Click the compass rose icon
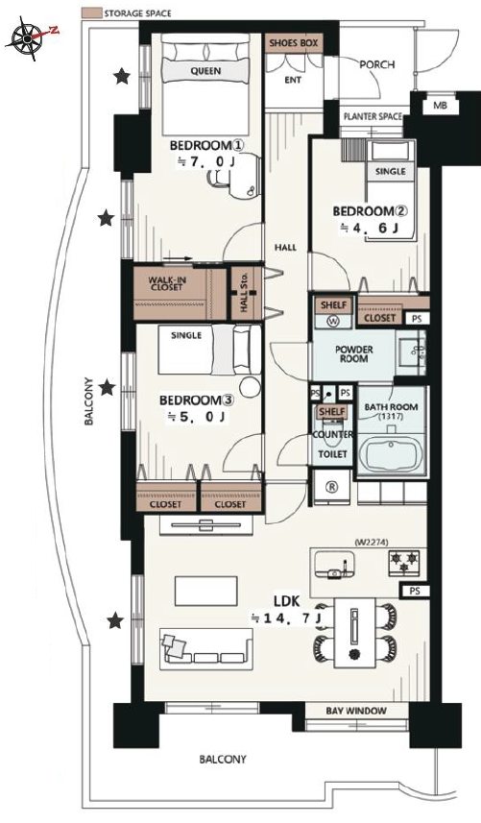click(x=27, y=37)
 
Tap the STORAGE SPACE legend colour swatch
click(x=91, y=13)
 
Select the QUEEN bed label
click(x=205, y=71)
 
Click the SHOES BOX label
click(x=294, y=43)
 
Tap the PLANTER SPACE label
click(x=372, y=116)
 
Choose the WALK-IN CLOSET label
click(x=165, y=283)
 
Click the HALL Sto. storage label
click(x=244, y=296)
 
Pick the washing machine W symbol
click(x=333, y=320)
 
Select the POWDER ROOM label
click(x=354, y=354)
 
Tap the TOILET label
click(x=333, y=454)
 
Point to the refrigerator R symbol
click(x=332, y=487)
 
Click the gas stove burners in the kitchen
click(x=405, y=562)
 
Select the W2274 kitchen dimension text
click(x=372, y=543)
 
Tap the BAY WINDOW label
click(x=356, y=711)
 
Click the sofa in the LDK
click(x=206, y=648)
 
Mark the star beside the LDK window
click(x=115, y=621)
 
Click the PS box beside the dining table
click(x=415, y=591)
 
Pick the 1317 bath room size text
click(x=392, y=416)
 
